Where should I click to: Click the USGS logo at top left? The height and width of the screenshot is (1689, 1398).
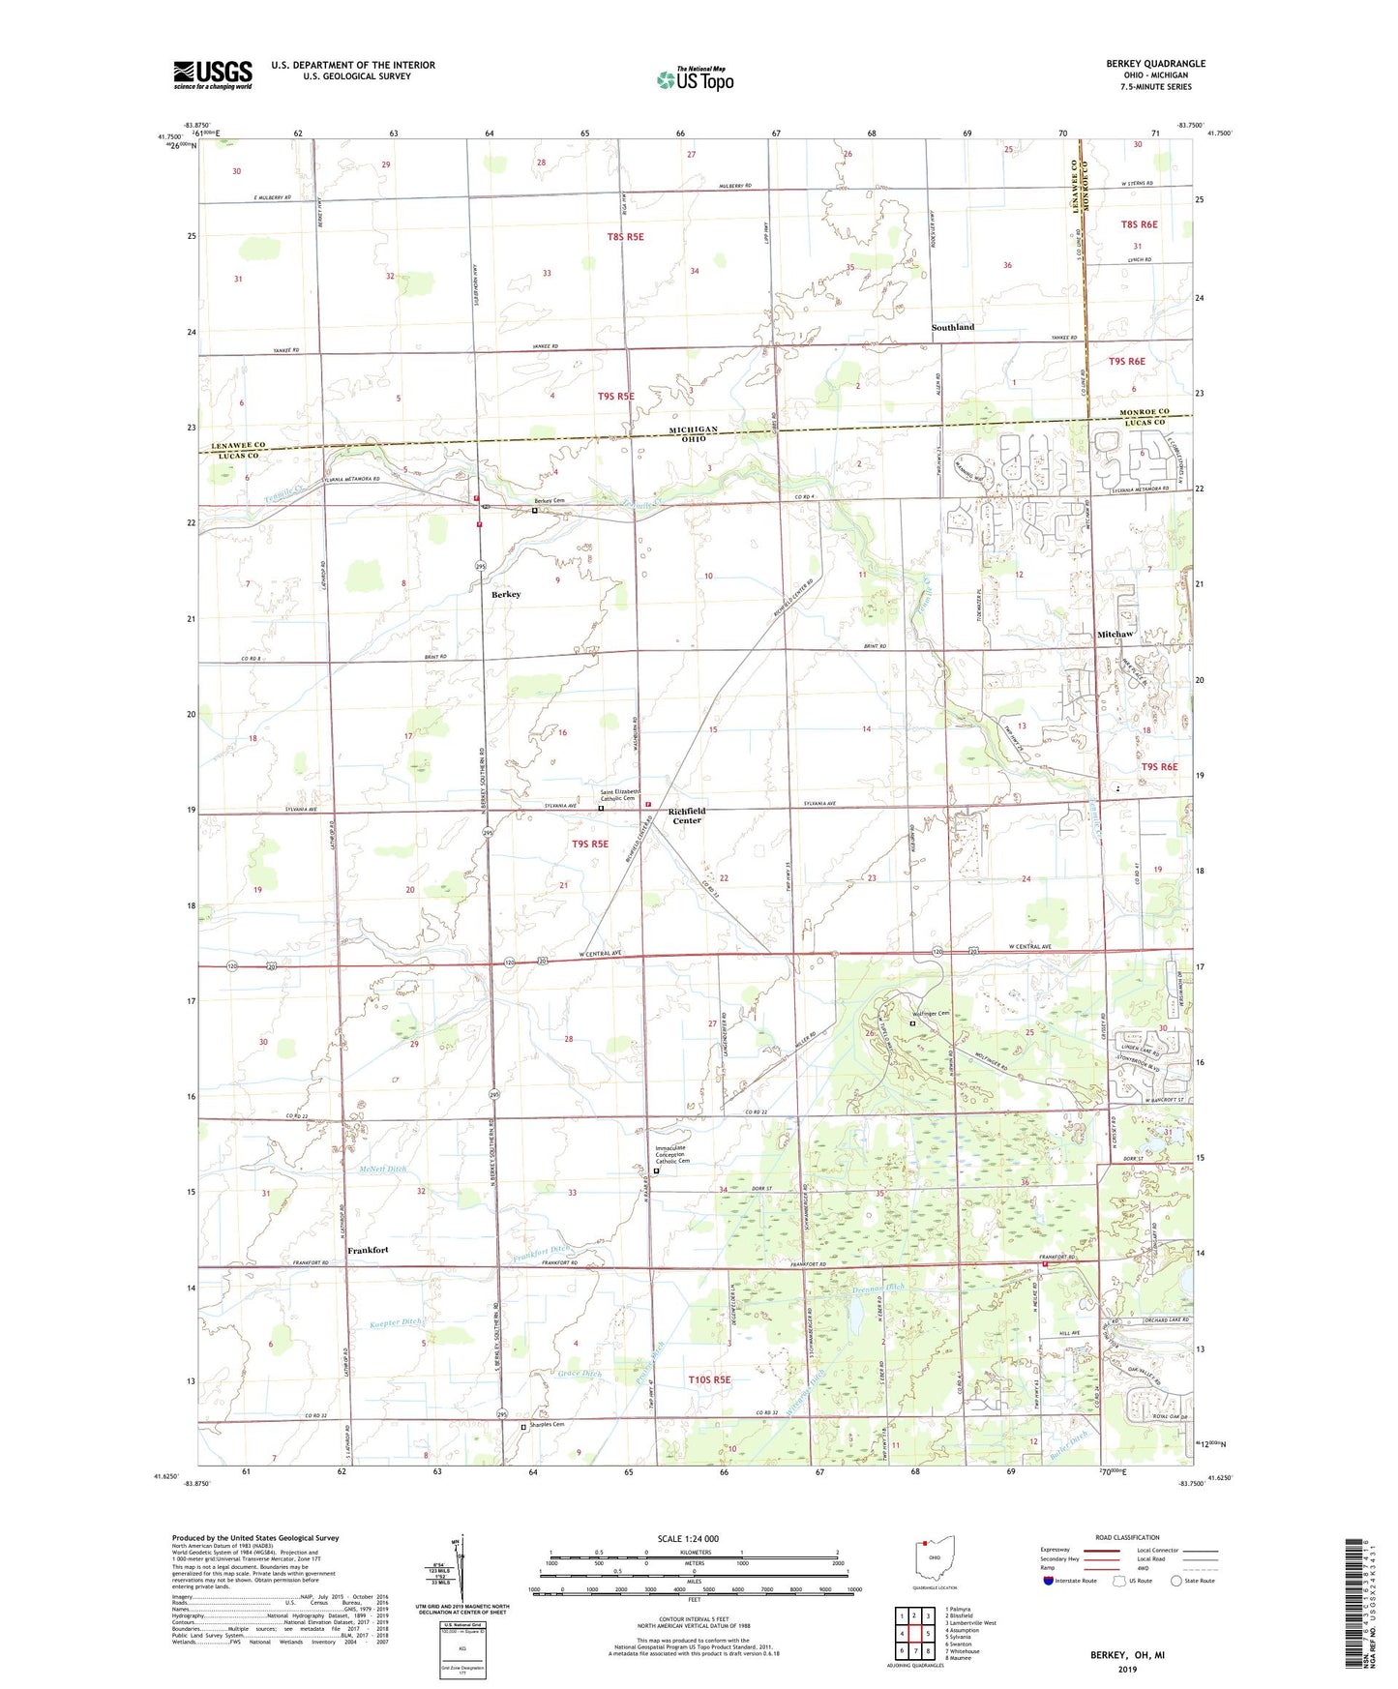coord(213,74)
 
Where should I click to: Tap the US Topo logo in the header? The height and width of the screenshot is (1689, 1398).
coord(695,79)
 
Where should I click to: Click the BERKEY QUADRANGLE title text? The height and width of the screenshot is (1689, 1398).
coord(1155,64)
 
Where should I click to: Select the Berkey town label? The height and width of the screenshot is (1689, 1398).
coord(506,594)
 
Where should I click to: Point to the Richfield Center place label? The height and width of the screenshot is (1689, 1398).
coord(686,815)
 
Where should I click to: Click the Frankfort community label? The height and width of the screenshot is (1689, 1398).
coord(368,1250)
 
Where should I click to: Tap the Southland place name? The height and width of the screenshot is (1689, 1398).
coord(953,327)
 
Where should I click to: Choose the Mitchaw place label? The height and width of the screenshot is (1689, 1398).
coord(1115,634)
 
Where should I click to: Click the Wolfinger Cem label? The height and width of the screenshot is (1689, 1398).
coord(935,1014)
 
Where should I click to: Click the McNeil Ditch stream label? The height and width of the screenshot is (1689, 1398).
coord(382,1169)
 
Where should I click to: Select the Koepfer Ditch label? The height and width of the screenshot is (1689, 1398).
coord(398,1322)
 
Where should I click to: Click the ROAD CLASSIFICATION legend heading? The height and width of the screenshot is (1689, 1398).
coord(1127,1537)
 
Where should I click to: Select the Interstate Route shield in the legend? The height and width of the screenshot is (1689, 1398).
coord(1050,1581)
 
